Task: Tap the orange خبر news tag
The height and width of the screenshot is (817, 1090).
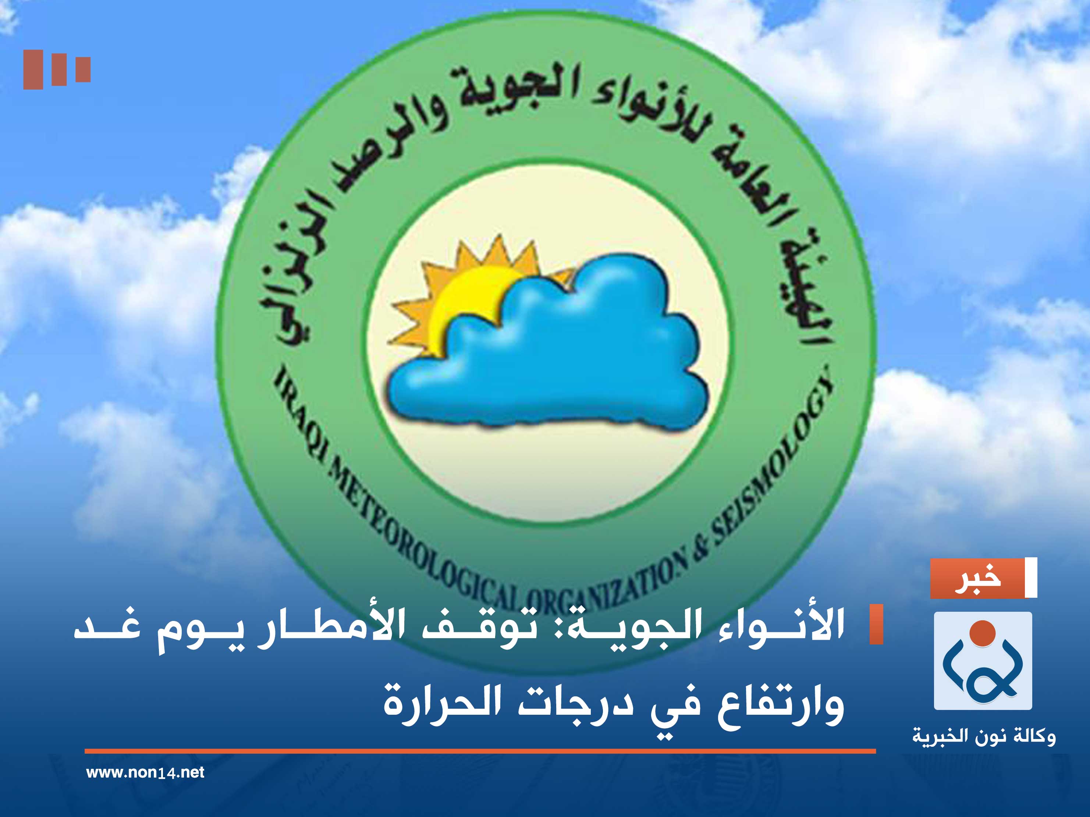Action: (x=978, y=579)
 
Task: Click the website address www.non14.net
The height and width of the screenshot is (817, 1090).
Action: (x=145, y=772)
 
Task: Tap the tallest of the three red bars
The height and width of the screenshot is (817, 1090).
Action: (x=33, y=70)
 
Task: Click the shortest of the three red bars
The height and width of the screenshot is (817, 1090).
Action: (x=83, y=70)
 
